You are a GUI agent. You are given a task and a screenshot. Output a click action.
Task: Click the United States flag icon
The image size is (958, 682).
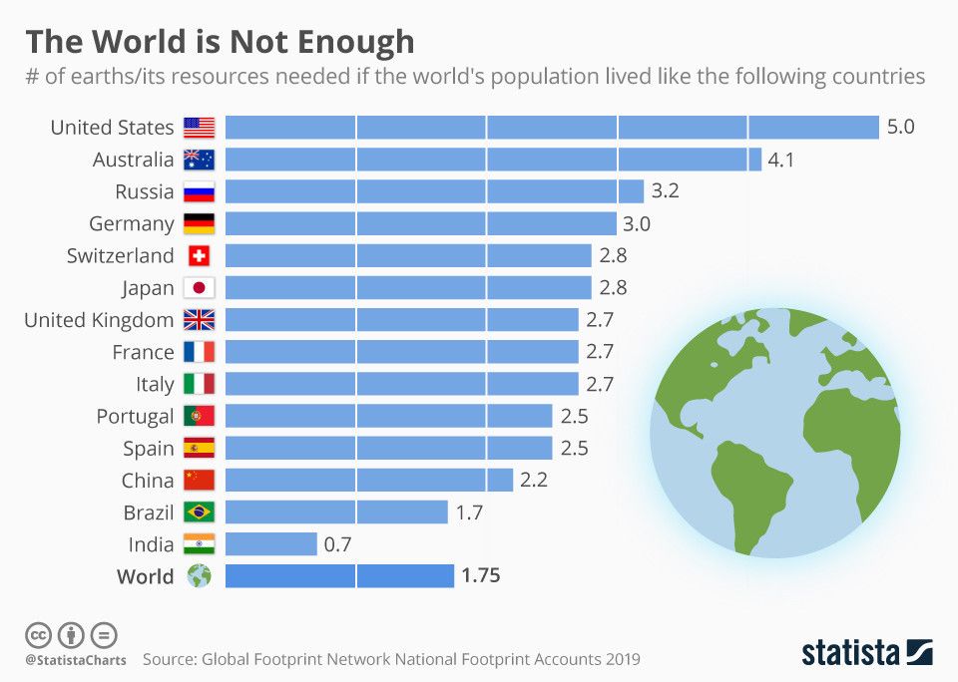pyautogui.click(x=199, y=128)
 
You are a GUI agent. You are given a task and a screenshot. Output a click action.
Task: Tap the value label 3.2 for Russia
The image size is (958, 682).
pyautogui.click(x=666, y=191)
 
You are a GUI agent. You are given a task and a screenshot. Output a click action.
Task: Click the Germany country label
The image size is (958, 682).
pyautogui.click(x=131, y=223)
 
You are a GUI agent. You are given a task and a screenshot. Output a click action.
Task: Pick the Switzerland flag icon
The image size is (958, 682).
pyautogui.click(x=199, y=256)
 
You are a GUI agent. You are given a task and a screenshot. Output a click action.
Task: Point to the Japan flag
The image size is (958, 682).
pyautogui.click(x=199, y=288)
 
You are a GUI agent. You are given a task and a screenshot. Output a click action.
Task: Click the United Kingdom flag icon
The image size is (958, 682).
pyautogui.click(x=199, y=320)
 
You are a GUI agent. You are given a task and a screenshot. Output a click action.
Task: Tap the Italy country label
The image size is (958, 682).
pyautogui.click(x=155, y=384)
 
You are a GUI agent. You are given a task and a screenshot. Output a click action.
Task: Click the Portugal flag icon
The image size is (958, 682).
pyautogui.click(x=199, y=416)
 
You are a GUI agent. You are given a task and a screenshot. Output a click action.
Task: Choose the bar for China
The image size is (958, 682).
pyautogui.click(x=368, y=480)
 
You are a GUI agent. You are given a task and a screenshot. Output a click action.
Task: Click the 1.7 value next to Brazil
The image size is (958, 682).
pyautogui.click(x=468, y=512)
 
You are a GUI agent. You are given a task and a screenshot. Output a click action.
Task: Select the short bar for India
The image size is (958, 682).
pyautogui.click(x=270, y=544)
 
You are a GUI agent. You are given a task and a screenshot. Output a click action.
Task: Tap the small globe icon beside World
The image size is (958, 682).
pyautogui.click(x=199, y=576)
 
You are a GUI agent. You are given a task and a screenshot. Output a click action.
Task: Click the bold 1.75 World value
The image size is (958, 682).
pyautogui.click(x=481, y=576)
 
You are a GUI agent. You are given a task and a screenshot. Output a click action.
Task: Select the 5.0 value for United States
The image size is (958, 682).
pyautogui.click(x=900, y=128)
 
